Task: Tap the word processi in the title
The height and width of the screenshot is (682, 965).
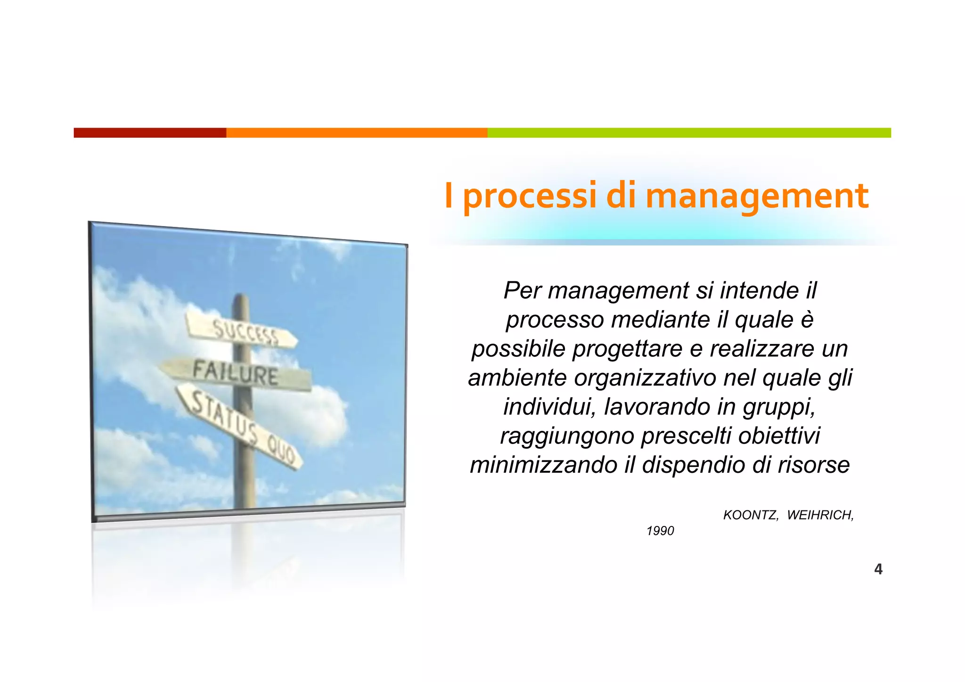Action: pos(530,197)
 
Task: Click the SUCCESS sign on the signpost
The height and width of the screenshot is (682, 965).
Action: pos(243,332)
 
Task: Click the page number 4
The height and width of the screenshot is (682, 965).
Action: pos(878,569)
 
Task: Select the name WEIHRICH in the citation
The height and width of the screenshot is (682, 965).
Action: pos(820,515)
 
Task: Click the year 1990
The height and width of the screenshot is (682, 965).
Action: pos(660,531)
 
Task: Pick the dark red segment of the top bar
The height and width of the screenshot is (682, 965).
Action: pos(150,133)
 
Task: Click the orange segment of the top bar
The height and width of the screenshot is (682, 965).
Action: pos(357,133)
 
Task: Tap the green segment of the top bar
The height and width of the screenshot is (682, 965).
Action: pos(689,133)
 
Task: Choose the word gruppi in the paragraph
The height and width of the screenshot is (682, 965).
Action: pos(779,407)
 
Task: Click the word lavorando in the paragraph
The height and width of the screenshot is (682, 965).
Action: pos(657,407)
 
